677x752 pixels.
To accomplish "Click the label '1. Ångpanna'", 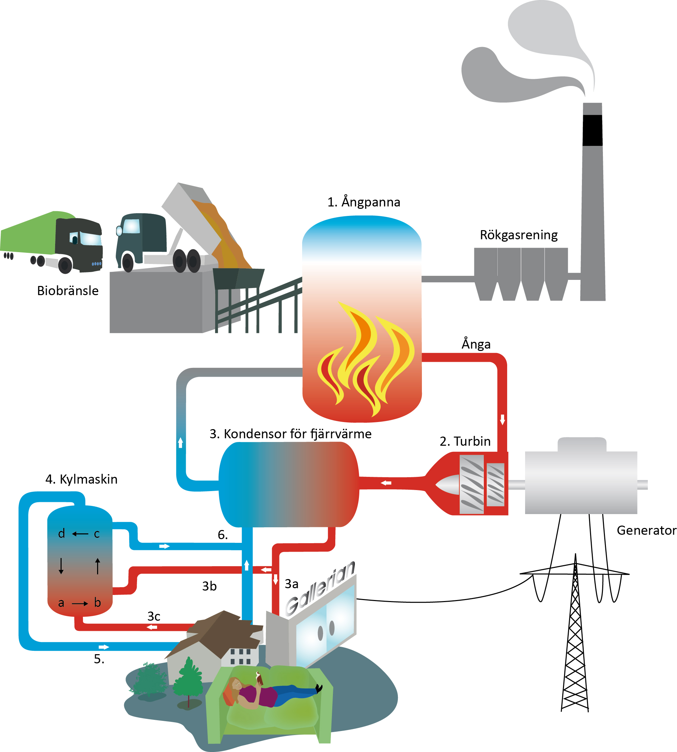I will (363, 202).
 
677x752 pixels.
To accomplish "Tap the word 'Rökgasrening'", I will (519, 235).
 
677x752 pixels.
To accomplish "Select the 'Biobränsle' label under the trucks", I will (68, 291).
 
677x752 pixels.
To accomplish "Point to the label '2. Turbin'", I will (465, 441).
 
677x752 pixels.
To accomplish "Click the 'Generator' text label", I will (646, 530).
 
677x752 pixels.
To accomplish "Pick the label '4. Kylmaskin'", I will (81, 479).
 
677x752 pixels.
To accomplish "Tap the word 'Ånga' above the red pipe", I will (476, 344).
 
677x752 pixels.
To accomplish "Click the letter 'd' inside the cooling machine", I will (61, 534).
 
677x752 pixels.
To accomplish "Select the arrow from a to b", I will (80, 603).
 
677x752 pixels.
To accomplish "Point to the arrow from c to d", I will (80, 534).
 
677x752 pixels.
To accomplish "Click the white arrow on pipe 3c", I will (152, 627).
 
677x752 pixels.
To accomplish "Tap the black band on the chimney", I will (592, 130).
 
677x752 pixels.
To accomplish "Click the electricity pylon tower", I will (575, 640).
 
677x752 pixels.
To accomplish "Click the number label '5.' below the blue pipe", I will (99, 659).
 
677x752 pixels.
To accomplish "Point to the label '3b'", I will (209, 587).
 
